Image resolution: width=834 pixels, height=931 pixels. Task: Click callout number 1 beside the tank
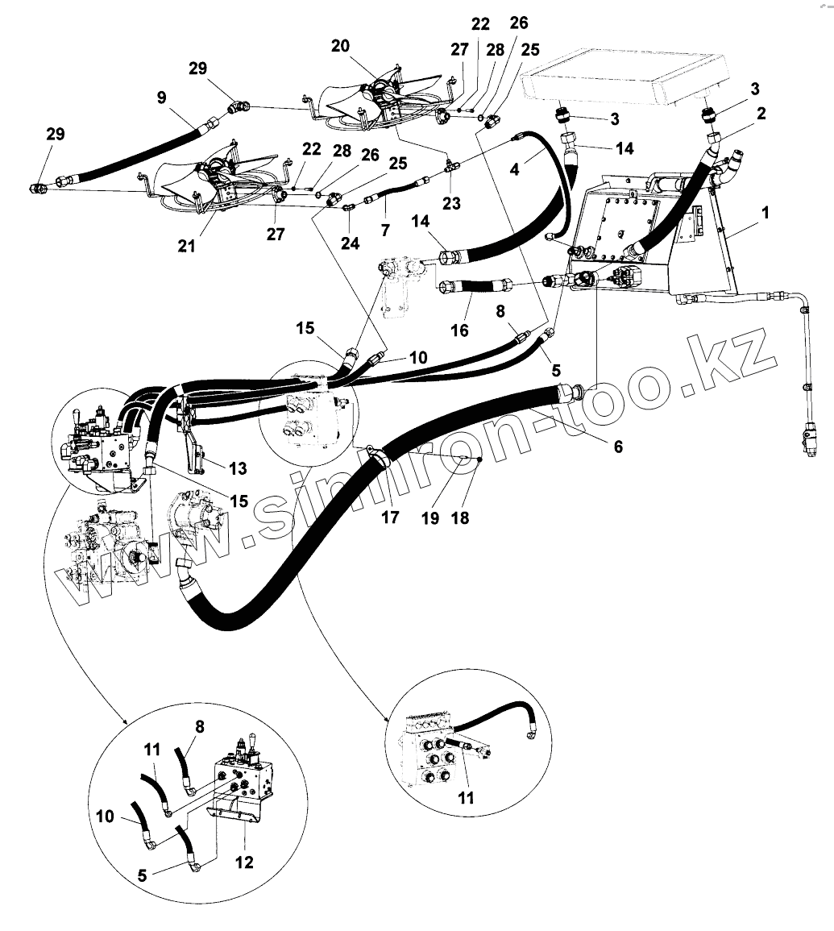[x=765, y=214]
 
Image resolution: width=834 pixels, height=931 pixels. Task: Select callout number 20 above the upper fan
[x=340, y=46]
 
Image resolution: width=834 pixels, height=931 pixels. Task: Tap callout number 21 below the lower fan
[x=186, y=247]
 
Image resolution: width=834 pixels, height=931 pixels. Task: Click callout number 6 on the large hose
[x=617, y=446]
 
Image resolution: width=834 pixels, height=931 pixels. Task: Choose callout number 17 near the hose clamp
[x=390, y=517]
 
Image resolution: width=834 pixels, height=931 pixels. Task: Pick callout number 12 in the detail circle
[x=243, y=862]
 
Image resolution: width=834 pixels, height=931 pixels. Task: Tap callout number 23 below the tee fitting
[x=451, y=204]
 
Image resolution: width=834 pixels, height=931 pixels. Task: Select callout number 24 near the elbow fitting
[x=350, y=243]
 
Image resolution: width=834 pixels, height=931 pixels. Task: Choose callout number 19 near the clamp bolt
[x=429, y=517]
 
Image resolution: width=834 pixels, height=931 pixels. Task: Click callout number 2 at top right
[x=760, y=114]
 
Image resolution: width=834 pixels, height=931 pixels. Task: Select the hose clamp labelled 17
[x=377, y=457]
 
